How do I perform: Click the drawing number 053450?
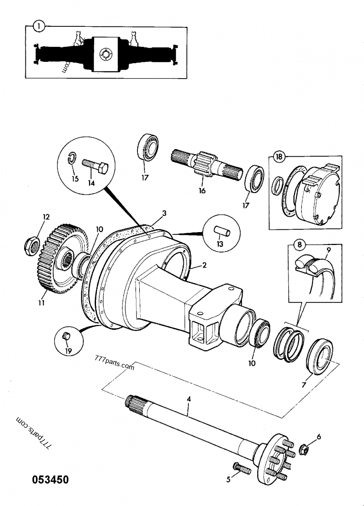50,480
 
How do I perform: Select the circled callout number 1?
40,26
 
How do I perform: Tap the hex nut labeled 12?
32,246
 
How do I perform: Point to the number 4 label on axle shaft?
189,399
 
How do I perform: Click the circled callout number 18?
279,157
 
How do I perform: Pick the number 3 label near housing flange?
164,213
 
